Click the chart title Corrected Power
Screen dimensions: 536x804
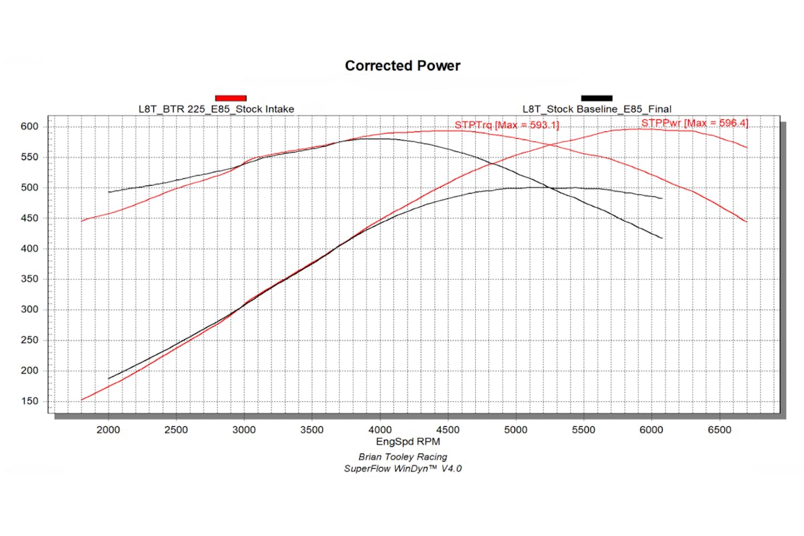(x=403, y=66)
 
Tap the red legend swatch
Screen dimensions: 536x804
(x=231, y=98)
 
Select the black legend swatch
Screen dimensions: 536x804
(x=596, y=98)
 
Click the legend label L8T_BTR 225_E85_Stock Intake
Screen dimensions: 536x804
(x=215, y=109)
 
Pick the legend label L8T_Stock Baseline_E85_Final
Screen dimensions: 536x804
(x=597, y=109)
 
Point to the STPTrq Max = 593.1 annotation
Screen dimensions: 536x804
(x=507, y=125)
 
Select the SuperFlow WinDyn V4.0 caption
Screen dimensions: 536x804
(x=403, y=468)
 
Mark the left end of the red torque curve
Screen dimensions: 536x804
(x=82, y=221)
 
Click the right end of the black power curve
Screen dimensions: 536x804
(x=662, y=198)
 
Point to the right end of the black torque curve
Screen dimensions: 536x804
(x=662, y=239)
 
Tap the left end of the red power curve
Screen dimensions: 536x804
(x=82, y=400)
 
